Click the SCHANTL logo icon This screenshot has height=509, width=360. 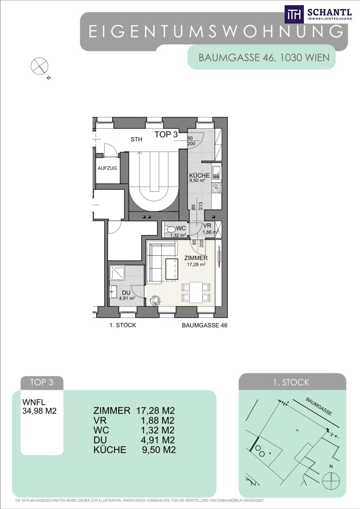click(x=294, y=14)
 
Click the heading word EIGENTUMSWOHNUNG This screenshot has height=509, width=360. click(x=216, y=32)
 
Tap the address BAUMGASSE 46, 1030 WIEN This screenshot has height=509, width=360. click(x=264, y=58)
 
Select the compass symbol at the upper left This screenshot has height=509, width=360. click(x=39, y=66)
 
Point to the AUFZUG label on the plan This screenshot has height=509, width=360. click(x=107, y=168)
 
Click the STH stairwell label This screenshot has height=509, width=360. click(x=136, y=139)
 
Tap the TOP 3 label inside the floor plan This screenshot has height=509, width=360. click(x=166, y=134)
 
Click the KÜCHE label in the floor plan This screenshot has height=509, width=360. click(x=199, y=176)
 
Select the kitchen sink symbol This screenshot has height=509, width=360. click(x=217, y=172)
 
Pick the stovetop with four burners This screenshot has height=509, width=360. click(x=217, y=188)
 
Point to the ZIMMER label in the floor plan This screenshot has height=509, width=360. click(x=196, y=258)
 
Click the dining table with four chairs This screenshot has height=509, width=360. click(x=196, y=292)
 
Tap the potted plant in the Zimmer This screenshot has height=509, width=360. click(x=155, y=300)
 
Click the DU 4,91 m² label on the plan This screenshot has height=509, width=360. click(x=127, y=296)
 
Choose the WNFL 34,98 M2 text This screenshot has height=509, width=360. click(x=39, y=406)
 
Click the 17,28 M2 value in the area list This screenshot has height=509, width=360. click(x=155, y=410)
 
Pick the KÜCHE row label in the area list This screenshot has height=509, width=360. click(x=110, y=450)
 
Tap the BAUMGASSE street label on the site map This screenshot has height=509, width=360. click(x=319, y=406)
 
